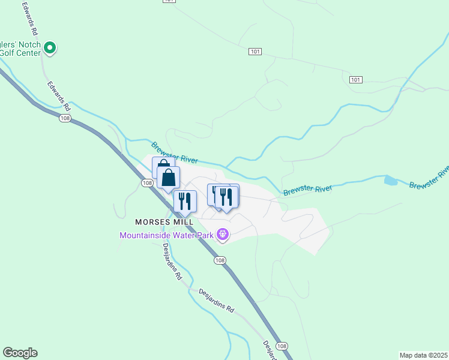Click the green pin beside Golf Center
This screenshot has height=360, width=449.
[50, 47]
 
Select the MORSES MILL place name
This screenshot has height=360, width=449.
[164, 222]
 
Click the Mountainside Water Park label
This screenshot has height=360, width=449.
[167, 235]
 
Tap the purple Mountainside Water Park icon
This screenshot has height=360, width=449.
[223, 234]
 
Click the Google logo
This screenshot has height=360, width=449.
[20, 353]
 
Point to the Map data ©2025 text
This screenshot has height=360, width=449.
[423, 355]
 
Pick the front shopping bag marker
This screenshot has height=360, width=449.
[169, 178]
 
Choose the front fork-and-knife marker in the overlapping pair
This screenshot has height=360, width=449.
[227, 197]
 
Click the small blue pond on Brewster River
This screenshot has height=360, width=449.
[390, 180]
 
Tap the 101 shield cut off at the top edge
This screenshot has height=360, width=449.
[170, 1]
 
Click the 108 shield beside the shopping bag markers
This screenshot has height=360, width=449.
[146, 182]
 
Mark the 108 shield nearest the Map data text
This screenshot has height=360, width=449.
[283, 346]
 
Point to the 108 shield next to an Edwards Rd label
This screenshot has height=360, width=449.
[65, 119]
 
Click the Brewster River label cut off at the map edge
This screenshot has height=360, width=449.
[430, 178]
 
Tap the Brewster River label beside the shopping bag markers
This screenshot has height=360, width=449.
[175, 152]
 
